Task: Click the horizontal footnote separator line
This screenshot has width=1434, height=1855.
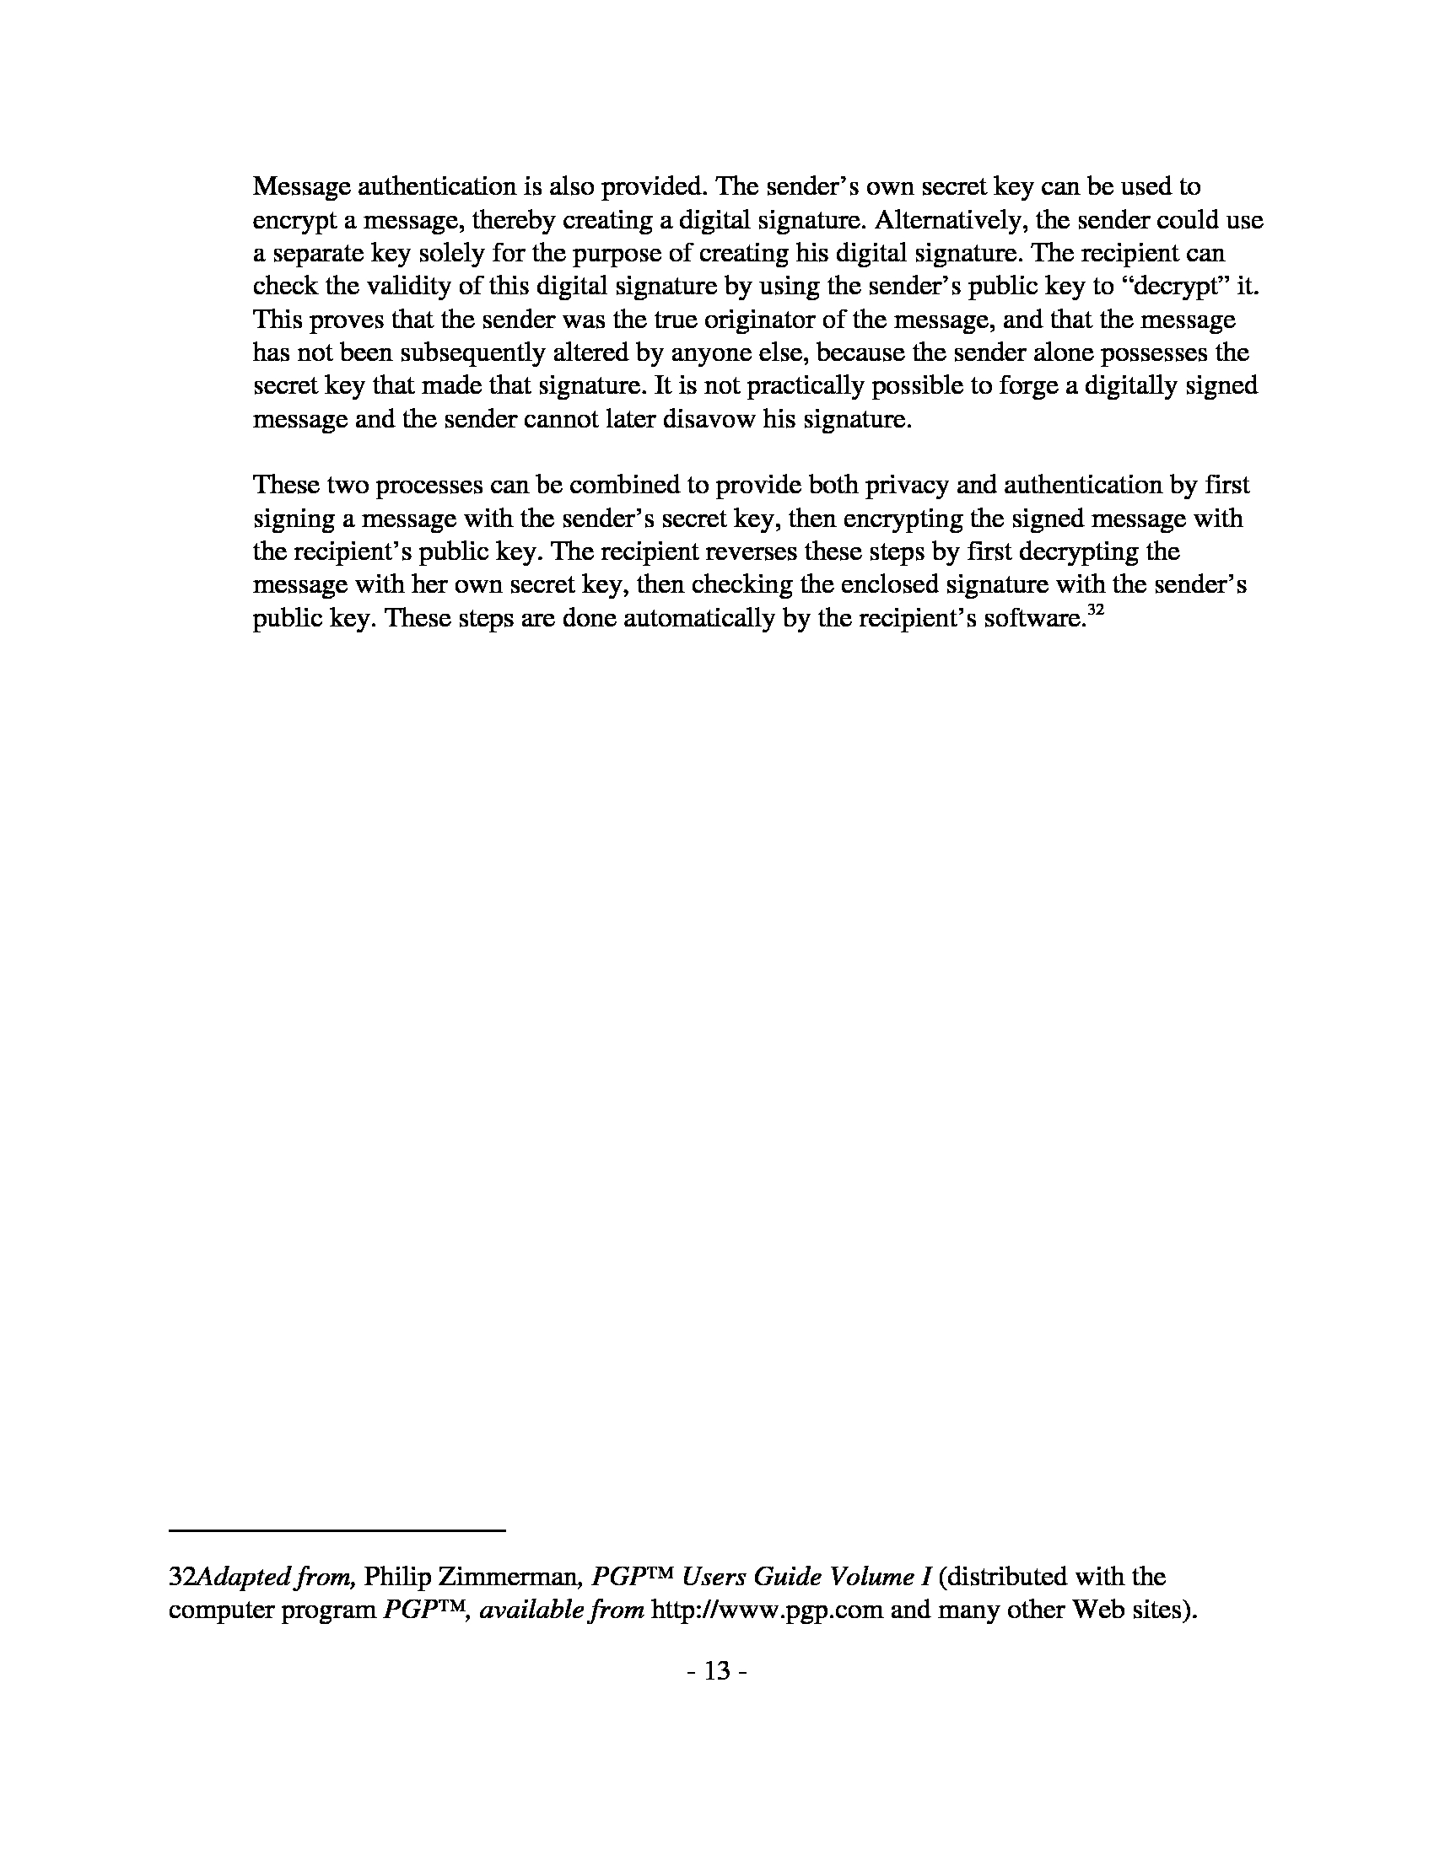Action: click(x=337, y=1530)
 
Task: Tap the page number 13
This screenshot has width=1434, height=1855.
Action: click(x=717, y=1670)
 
